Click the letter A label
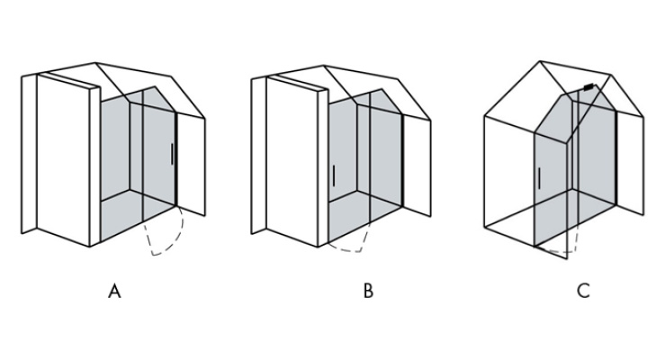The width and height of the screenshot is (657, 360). coord(114,291)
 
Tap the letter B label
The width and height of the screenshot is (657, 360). coord(368,291)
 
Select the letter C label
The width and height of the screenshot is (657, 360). coord(583,291)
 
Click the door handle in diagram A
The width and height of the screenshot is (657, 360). coord(172,154)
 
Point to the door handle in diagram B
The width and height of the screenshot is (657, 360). coord(334,175)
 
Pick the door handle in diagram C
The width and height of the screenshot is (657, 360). coord(539,178)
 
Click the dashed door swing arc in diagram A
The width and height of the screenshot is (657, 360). coord(172,242)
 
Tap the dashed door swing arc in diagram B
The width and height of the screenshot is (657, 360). coord(352,250)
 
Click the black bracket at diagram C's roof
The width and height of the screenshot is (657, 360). coord(589,87)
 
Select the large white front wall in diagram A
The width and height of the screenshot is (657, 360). coord(63,159)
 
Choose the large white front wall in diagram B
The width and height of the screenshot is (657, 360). coord(292,160)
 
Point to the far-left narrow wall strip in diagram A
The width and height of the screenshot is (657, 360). coord(29,154)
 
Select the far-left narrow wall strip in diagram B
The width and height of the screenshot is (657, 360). coord(259,155)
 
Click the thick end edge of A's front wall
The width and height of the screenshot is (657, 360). coord(95,166)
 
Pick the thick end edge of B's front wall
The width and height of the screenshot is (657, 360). coord(323,167)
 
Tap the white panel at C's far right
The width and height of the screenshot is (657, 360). coord(630,164)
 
